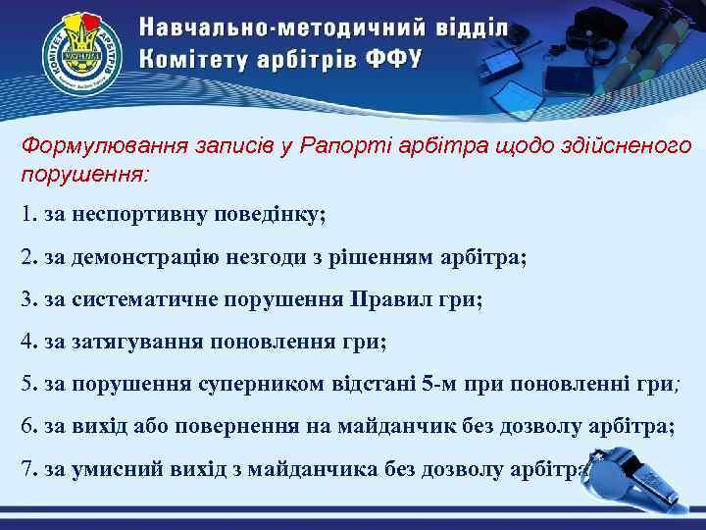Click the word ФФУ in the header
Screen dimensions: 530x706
pos(394,58)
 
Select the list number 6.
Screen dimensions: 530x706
pos(25,427)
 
